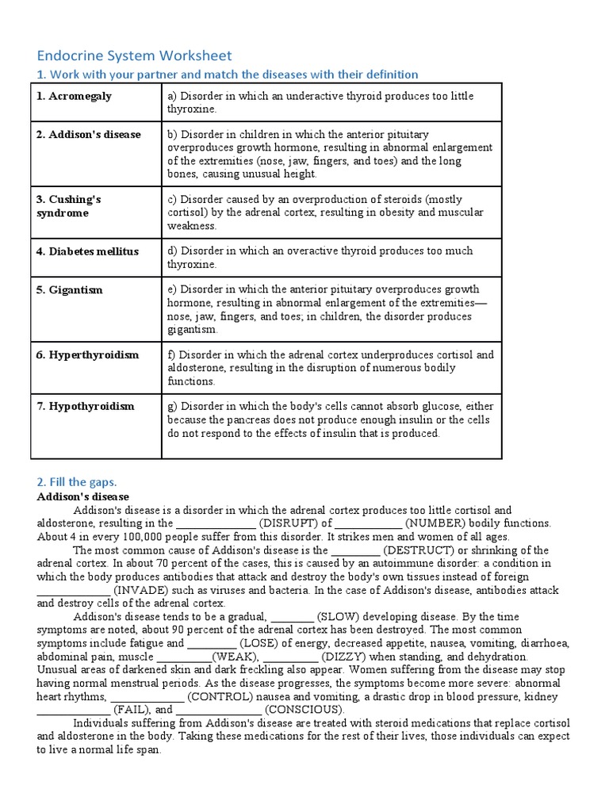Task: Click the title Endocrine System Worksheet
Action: [x=135, y=55]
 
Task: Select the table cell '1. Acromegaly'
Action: [x=74, y=96]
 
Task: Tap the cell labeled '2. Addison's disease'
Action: [x=88, y=134]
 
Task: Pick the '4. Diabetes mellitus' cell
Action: [x=87, y=251]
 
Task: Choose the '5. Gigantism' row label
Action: [x=69, y=289]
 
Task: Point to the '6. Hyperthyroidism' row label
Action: [x=87, y=354]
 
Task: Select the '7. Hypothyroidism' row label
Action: [x=85, y=406]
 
